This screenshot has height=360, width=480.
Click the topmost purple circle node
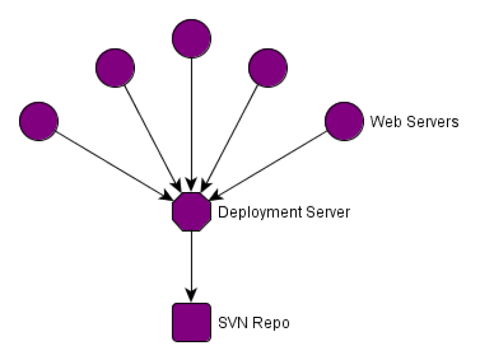click(191, 39)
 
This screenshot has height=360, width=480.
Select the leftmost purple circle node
click(38, 121)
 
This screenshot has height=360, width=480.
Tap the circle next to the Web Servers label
click(344, 121)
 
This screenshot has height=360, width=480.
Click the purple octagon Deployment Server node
click(191, 211)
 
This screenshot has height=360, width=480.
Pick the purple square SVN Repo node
click(191, 323)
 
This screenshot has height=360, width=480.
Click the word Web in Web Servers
click(382, 121)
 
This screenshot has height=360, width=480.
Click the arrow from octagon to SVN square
click(191, 264)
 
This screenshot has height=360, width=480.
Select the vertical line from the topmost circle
click(191, 120)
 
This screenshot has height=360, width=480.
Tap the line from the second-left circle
click(150, 135)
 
